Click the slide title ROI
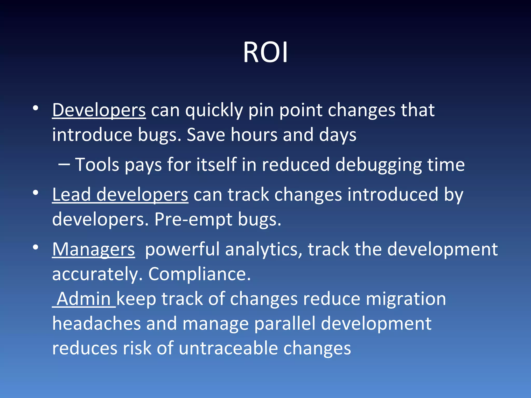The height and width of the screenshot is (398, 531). (x=265, y=53)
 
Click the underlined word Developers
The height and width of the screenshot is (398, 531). (x=99, y=110)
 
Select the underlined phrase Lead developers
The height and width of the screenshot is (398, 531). (x=120, y=195)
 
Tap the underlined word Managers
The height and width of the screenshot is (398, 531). (x=93, y=250)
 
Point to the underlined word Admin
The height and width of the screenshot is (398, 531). (x=84, y=299)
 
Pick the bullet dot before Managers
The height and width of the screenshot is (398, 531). (x=36, y=247)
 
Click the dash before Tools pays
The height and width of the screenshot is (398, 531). (x=64, y=164)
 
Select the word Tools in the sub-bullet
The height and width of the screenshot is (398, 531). (x=97, y=165)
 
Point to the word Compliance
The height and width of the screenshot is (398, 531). (x=199, y=274)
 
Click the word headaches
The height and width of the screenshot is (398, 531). (x=96, y=324)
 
